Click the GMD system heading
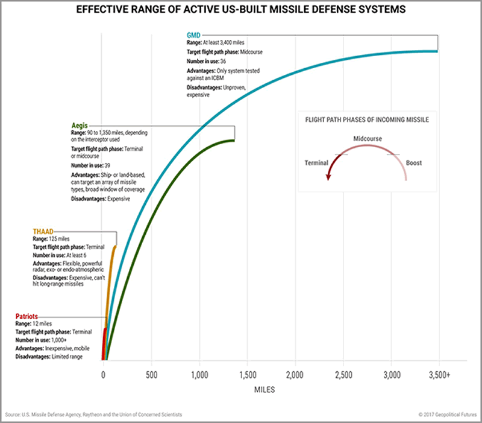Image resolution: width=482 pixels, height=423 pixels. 193,35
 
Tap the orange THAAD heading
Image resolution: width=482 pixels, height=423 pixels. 43,231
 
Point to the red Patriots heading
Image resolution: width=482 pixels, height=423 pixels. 28,316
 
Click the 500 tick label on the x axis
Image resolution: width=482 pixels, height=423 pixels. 151,374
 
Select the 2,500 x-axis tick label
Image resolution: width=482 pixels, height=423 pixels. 343,374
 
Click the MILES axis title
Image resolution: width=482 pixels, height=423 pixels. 261,390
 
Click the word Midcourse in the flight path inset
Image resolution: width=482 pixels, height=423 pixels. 367,139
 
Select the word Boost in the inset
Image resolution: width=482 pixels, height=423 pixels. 414,163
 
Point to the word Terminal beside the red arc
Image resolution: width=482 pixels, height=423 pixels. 316,163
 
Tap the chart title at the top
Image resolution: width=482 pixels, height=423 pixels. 241,10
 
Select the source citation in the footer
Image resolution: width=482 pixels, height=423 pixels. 93,415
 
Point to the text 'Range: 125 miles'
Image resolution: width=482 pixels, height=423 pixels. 54,239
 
